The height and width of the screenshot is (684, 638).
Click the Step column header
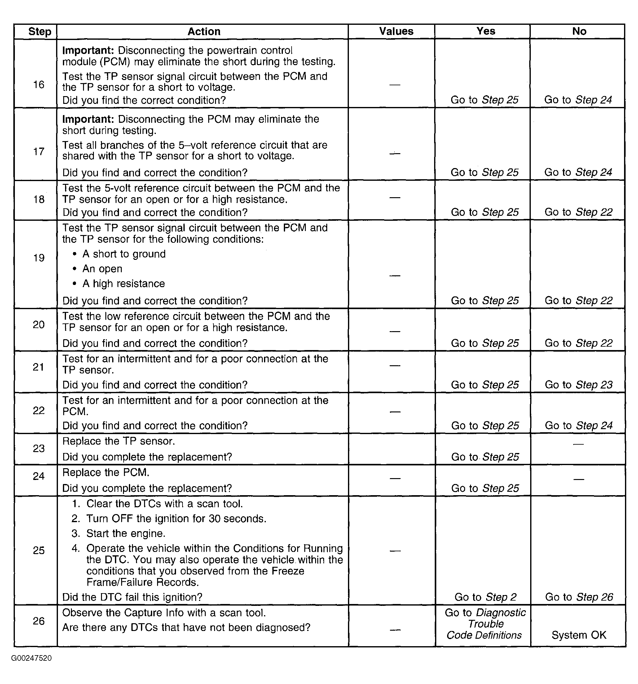point(40,32)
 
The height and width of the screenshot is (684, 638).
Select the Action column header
point(204,32)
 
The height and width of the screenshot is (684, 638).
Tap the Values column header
point(396,31)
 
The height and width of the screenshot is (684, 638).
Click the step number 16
point(39,85)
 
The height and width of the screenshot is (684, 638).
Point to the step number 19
point(39,258)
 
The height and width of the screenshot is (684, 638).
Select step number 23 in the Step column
point(39,448)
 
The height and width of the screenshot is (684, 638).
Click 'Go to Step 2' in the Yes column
point(485,597)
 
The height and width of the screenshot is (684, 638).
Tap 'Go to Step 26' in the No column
point(579,597)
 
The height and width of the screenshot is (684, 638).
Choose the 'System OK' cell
point(579,635)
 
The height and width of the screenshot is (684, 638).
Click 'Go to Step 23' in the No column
point(579,385)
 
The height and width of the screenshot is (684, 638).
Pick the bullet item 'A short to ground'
point(124,254)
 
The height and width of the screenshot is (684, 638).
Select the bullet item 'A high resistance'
point(123,283)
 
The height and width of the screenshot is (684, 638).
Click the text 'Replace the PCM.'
point(106,473)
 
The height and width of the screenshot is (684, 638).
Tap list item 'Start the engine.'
point(126,533)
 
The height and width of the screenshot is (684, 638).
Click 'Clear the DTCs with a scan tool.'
point(164,504)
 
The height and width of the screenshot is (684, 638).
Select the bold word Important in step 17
point(88,119)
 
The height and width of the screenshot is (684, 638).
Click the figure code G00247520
point(31,658)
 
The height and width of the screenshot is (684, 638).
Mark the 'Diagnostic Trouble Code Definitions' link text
point(485,624)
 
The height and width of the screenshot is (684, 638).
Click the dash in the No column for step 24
point(579,479)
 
